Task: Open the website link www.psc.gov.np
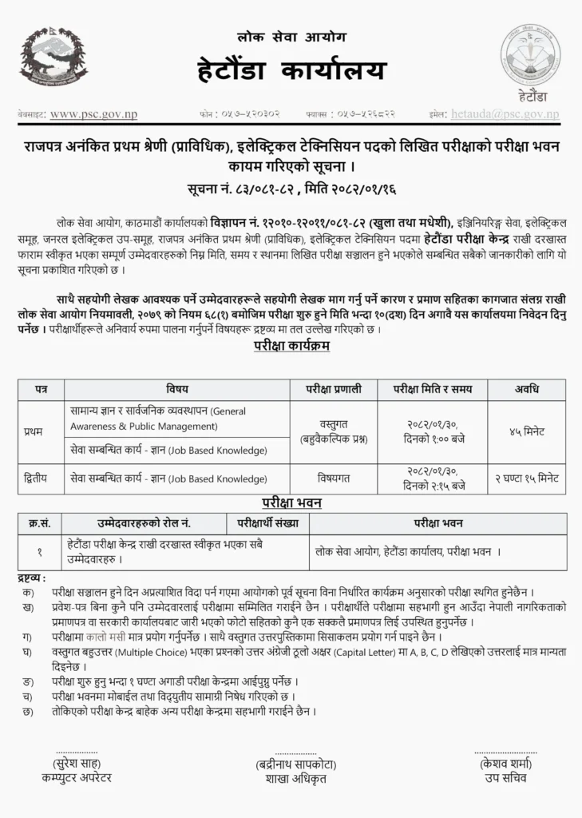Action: (x=93, y=114)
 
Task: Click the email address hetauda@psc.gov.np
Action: (x=505, y=114)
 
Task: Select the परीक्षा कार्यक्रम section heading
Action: (x=291, y=347)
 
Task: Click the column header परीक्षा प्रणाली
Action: (x=331, y=389)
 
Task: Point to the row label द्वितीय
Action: (x=36, y=478)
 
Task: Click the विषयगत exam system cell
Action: (x=331, y=478)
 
